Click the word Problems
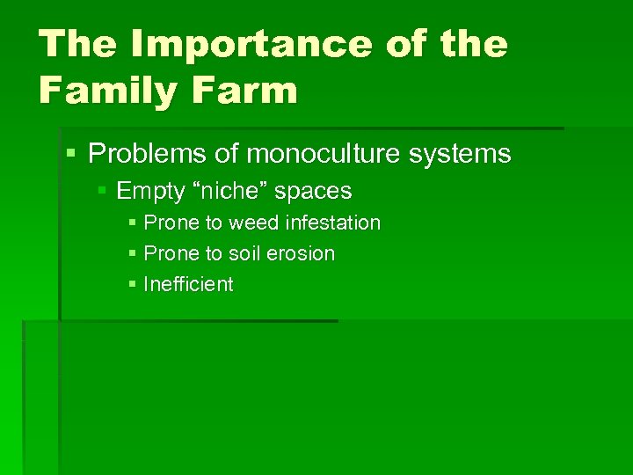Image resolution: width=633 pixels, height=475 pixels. [x=147, y=154]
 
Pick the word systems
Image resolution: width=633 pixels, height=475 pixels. [x=467, y=154]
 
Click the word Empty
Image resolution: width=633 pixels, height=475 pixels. [x=147, y=191]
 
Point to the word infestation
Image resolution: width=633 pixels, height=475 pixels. [x=336, y=223]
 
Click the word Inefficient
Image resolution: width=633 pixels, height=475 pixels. [x=188, y=284]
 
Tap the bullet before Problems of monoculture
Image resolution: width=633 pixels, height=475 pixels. [x=70, y=154]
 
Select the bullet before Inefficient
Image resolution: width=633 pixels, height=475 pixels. [x=131, y=284]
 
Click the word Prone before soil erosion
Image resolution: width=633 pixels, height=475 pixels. [x=171, y=254]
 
